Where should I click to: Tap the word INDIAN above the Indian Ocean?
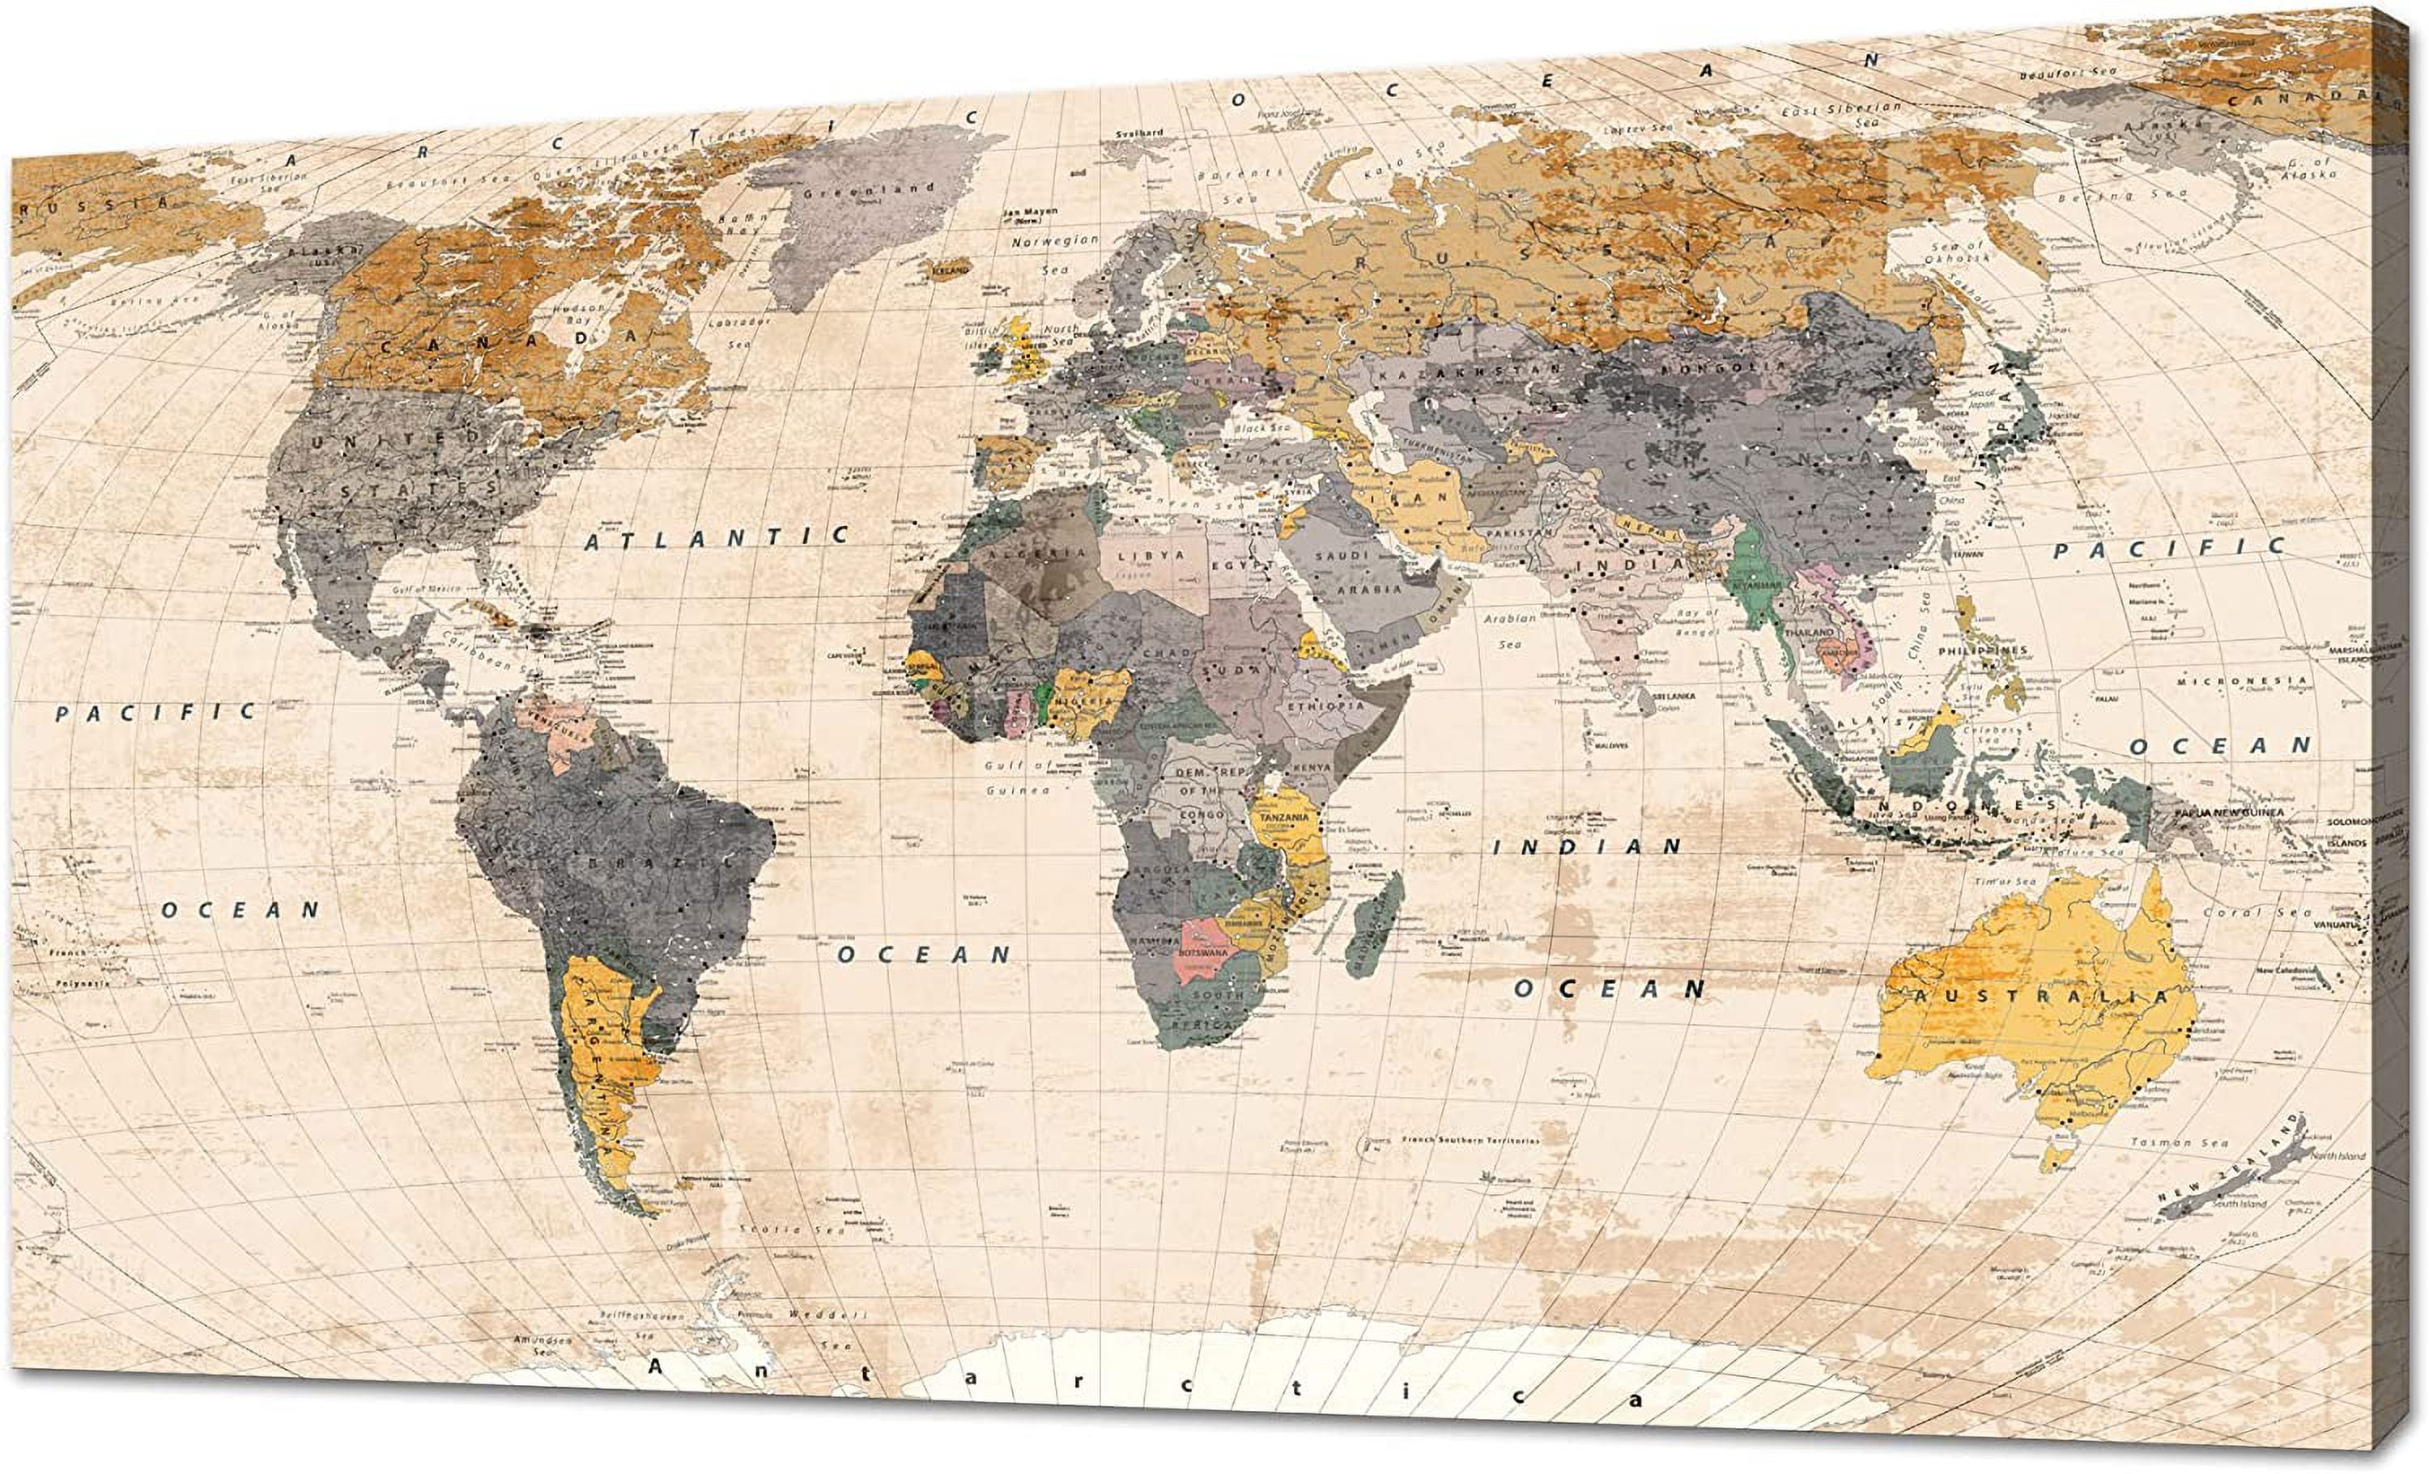click(1587, 846)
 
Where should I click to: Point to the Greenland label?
click(867, 190)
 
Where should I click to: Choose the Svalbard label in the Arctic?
click(1139, 132)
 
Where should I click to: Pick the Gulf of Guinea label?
click(1019, 777)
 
